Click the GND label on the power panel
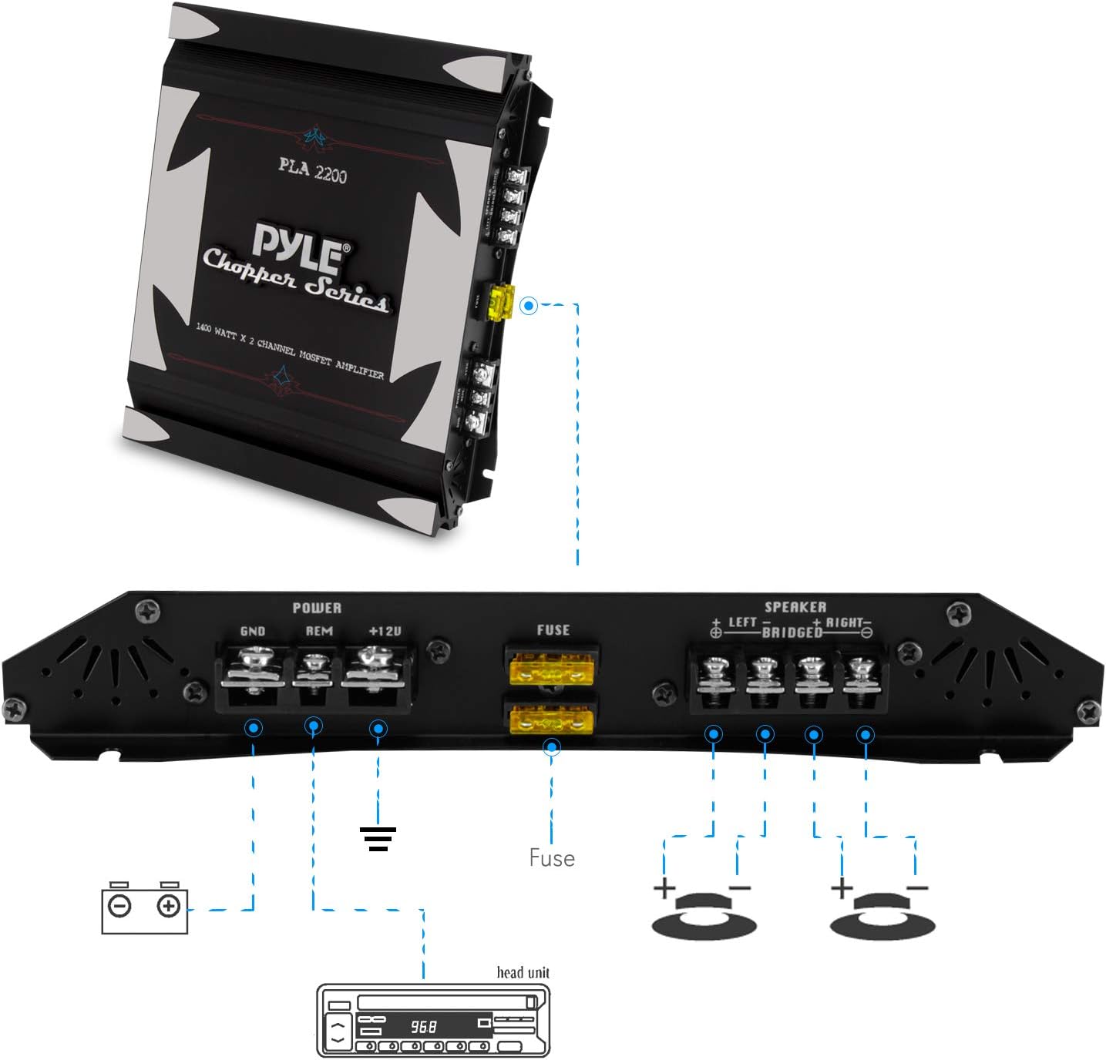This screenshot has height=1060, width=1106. (253, 632)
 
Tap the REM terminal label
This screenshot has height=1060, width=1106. (319, 631)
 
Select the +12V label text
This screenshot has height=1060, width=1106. (385, 631)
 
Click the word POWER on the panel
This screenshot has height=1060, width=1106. (317, 608)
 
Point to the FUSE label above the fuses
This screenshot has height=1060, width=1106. (553, 630)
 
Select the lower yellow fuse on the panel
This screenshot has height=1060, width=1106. (551, 721)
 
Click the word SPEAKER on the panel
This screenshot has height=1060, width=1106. (795, 607)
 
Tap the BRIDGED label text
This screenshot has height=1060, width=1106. (792, 632)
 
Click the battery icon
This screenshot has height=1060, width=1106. (145, 908)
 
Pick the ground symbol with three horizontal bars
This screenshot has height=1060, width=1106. (378, 839)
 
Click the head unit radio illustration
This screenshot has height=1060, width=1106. (434, 1020)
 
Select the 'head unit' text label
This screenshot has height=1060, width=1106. (523, 972)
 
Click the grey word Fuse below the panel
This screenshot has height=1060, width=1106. (552, 858)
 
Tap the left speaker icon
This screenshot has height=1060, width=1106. (704, 915)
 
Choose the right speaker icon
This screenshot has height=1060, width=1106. (882, 915)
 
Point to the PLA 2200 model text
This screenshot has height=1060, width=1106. (312, 170)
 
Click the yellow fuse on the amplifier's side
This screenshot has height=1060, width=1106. (502, 303)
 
